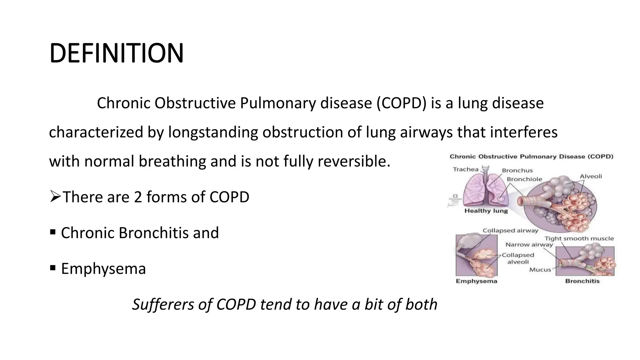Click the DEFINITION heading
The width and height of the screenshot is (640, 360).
click(116, 53)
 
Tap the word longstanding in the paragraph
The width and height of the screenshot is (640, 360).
click(213, 132)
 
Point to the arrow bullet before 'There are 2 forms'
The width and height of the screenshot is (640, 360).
click(55, 197)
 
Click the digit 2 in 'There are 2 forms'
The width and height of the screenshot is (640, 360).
click(138, 197)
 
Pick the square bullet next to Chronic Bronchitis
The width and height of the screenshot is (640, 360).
click(53, 232)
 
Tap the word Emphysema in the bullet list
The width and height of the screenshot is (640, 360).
click(103, 269)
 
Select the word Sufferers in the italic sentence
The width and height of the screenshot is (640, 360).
click(162, 304)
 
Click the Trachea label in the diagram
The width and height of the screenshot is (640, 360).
click(466, 169)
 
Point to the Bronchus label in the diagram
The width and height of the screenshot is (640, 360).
click(517, 170)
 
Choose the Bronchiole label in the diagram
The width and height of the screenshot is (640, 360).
click(524, 179)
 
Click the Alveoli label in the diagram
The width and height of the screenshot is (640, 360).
click(591, 176)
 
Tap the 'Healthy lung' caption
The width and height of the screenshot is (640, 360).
click(486, 211)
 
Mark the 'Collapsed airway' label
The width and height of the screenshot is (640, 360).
click(510, 231)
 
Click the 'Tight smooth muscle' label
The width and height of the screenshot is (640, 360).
click(579, 238)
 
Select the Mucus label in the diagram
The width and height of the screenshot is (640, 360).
click(540, 270)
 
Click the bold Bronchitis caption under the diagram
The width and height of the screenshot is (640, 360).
click(582, 281)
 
